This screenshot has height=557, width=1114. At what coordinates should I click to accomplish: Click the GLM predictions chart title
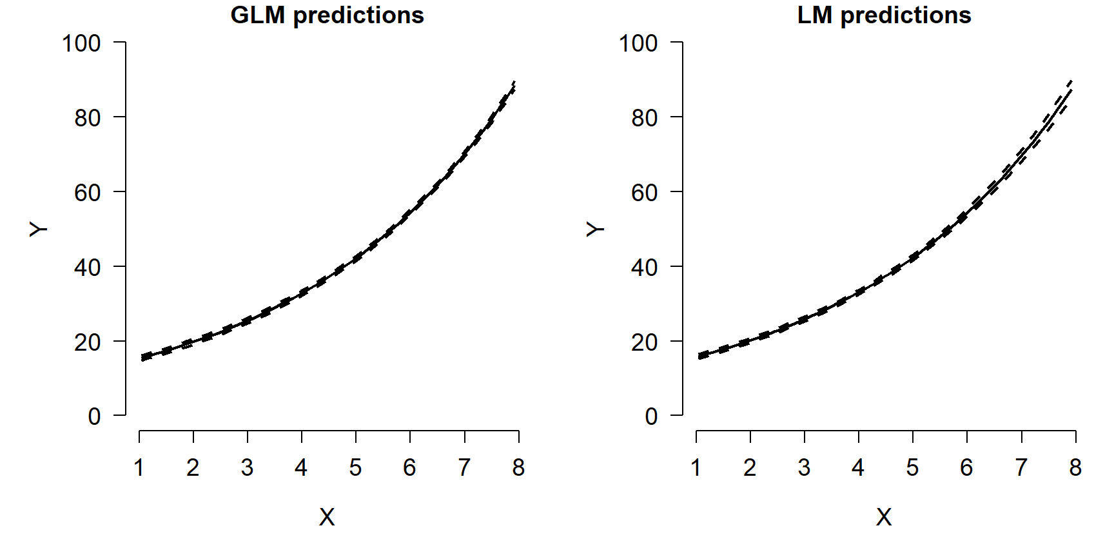coord(327,15)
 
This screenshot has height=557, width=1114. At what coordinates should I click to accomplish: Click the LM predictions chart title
coord(884,15)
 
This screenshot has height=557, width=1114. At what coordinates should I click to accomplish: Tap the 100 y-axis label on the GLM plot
coord(81,44)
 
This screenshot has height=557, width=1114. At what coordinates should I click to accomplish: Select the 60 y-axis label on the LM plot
coord(644,193)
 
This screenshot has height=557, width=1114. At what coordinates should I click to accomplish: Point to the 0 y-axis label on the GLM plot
coord(94,416)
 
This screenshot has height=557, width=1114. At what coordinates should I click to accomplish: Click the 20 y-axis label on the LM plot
coord(644,342)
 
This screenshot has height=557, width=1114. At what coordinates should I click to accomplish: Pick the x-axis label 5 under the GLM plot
coord(355,468)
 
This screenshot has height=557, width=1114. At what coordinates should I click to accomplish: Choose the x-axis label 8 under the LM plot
coord(1075,468)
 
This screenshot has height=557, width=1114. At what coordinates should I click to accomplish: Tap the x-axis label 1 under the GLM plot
coord(139,468)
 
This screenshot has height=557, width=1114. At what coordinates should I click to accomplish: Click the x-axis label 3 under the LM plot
coord(804,468)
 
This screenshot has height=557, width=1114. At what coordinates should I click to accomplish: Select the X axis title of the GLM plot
coord(327,517)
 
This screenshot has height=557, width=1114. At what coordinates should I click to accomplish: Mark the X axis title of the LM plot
coord(884,517)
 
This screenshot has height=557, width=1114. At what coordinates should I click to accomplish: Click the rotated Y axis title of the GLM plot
coord(39,229)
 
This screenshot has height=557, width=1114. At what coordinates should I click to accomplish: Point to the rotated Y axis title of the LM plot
coord(596,229)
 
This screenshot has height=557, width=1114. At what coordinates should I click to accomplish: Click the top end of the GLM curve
coord(513,85)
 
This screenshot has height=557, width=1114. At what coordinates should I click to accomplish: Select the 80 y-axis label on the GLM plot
coord(88,119)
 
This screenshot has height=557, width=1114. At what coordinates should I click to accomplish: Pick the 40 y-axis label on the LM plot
coord(644,268)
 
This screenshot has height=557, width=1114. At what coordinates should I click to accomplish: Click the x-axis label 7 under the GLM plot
coord(464,468)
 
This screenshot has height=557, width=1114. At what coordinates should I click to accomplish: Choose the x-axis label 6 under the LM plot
coord(966,468)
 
